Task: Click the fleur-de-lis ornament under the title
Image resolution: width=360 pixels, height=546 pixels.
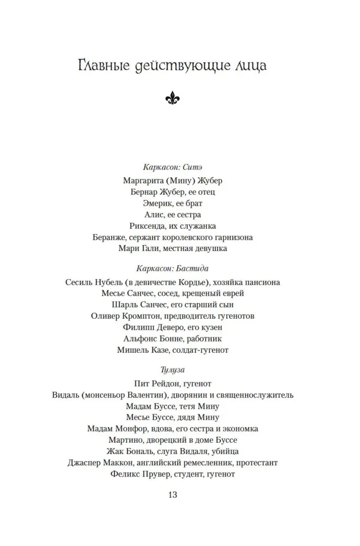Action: pos(173,98)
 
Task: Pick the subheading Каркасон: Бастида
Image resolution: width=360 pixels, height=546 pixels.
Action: pos(173,268)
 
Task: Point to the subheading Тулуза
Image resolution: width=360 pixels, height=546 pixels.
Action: pos(173,370)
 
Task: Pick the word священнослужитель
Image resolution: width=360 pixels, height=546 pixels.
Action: pos(256,395)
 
